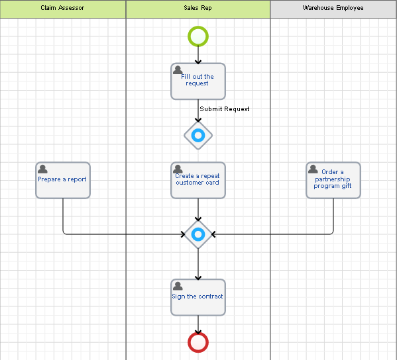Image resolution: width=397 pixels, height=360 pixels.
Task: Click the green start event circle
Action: click(x=198, y=36)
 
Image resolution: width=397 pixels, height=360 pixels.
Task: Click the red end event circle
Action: click(x=198, y=342)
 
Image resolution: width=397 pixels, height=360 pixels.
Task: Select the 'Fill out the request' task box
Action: click(x=198, y=81)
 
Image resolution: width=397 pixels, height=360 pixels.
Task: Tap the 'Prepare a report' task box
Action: click(x=62, y=180)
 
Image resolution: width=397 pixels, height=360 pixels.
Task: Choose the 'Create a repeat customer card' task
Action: click(x=198, y=180)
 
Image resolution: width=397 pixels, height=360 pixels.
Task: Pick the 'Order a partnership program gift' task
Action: click(x=333, y=180)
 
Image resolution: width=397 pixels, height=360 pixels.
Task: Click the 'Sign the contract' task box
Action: click(x=198, y=297)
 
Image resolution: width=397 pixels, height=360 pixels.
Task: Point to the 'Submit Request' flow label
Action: click(x=225, y=109)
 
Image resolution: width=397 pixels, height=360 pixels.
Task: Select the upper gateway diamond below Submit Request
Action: click(x=198, y=136)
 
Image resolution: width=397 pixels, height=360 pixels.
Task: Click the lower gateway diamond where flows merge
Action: click(x=198, y=234)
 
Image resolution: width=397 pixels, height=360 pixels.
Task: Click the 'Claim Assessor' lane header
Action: click(x=62, y=9)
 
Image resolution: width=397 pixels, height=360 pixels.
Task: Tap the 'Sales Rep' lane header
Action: click(x=198, y=9)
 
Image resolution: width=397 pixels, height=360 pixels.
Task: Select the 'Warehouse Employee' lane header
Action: click(x=333, y=9)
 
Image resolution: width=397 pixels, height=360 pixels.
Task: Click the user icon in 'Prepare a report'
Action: click(x=43, y=169)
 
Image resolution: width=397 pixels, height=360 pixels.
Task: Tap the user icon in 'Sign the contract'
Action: click(x=178, y=286)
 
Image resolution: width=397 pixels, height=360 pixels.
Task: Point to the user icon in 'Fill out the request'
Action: click(x=178, y=70)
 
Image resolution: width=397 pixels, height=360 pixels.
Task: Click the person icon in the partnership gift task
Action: click(x=313, y=169)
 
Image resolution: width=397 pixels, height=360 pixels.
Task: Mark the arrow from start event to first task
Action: click(x=198, y=55)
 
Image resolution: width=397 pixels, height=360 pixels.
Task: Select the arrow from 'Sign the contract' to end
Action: click(x=198, y=324)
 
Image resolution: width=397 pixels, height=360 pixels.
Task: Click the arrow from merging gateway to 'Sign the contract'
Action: click(x=198, y=265)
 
